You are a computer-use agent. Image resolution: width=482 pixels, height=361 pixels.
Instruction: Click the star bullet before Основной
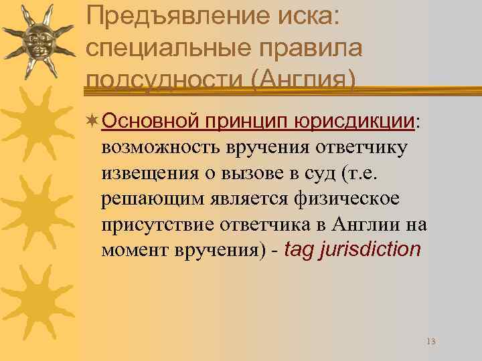click(93, 120)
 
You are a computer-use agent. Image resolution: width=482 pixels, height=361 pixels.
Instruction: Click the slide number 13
click(430, 342)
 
